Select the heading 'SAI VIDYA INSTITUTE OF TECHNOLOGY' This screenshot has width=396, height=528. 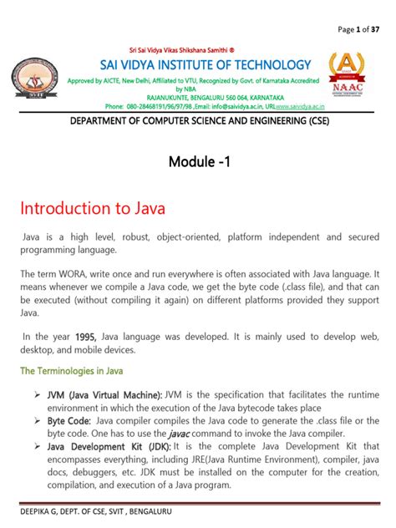194,64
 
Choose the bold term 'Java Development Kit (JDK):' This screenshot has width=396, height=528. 109,448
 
